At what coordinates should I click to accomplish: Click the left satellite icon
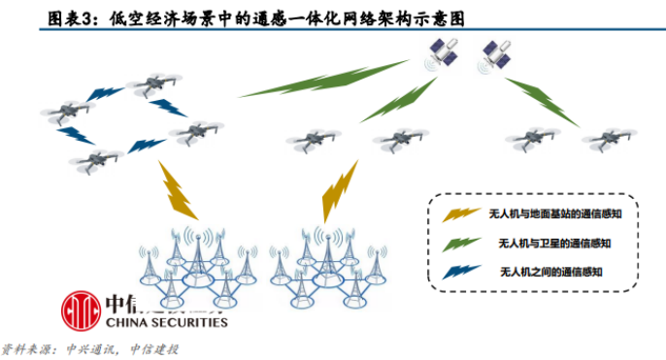coord(442,54)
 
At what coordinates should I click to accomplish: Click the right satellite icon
coord(495,56)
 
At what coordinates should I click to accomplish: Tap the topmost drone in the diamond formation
coord(154,84)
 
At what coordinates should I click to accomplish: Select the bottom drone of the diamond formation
coord(96,161)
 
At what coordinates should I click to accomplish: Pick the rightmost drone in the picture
coord(609,139)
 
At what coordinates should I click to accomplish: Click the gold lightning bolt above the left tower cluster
coord(177,190)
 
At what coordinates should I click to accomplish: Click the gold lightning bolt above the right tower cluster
coord(339,191)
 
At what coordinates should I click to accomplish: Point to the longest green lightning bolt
coord(323,79)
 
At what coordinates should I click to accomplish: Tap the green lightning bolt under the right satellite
coord(542,102)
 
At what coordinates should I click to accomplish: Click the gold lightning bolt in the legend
coord(461,214)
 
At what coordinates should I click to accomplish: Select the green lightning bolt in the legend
coord(461,245)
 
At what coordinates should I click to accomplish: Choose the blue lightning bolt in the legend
coord(461,272)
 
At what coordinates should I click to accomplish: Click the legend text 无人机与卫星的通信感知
coord(554,244)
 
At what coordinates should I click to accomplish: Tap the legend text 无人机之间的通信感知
coord(550,272)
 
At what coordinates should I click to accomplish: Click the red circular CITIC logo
coord(82,311)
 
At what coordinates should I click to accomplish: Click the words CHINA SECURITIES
coord(167,322)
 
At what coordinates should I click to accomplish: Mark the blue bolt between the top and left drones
coord(105,94)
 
